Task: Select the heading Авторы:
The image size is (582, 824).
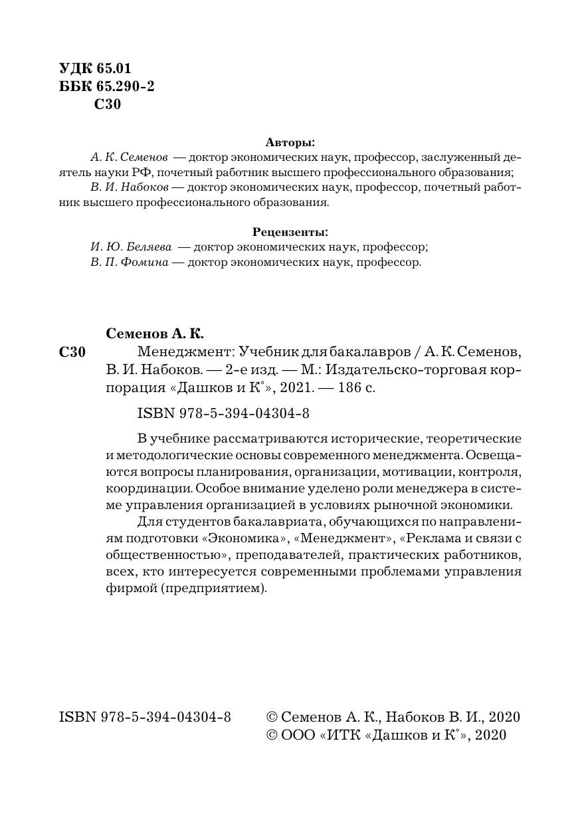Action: pos(290,142)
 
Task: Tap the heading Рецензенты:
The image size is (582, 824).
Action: pos(290,232)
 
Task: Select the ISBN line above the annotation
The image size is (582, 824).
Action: pos(223,413)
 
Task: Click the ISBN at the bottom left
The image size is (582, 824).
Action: pos(145,717)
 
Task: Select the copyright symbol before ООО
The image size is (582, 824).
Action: pos(271,735)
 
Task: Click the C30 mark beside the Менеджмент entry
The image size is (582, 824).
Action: pos(72,353)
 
